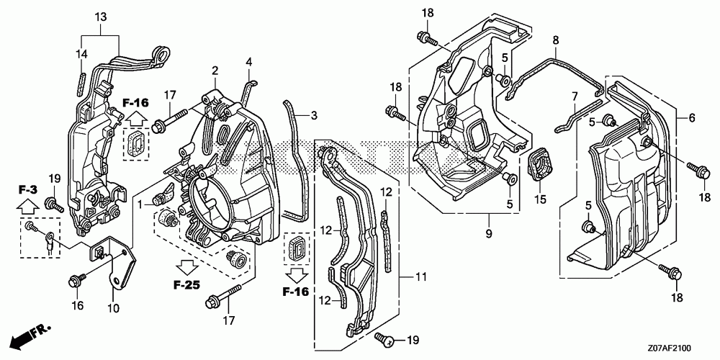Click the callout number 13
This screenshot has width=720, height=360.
(x=99, y=17)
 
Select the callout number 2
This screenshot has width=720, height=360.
(x=215, y=70)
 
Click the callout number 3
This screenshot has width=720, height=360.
(x=314, y=114)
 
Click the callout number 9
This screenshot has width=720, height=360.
(x=489, y=233)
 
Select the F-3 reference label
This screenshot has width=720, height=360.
(x=27, y=190)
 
